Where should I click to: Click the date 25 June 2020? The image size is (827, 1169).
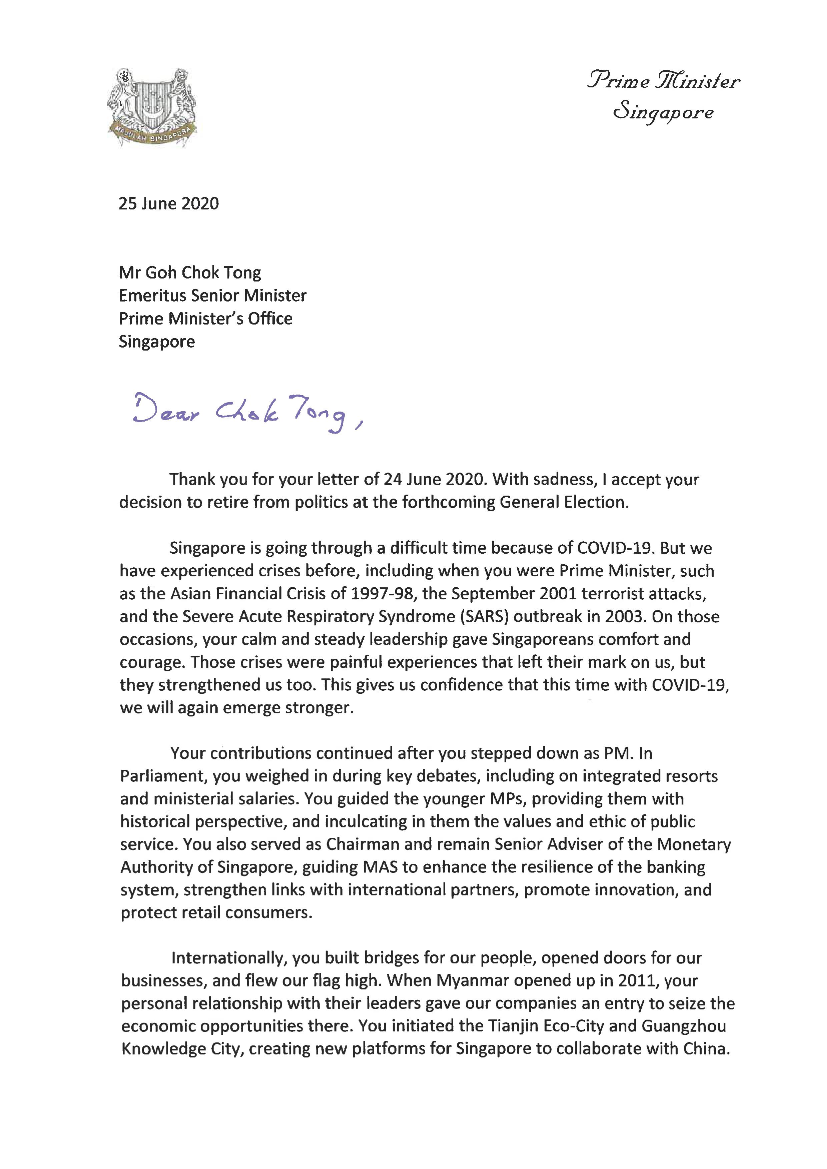(168, 204)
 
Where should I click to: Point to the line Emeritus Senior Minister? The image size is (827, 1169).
(212, 296)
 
